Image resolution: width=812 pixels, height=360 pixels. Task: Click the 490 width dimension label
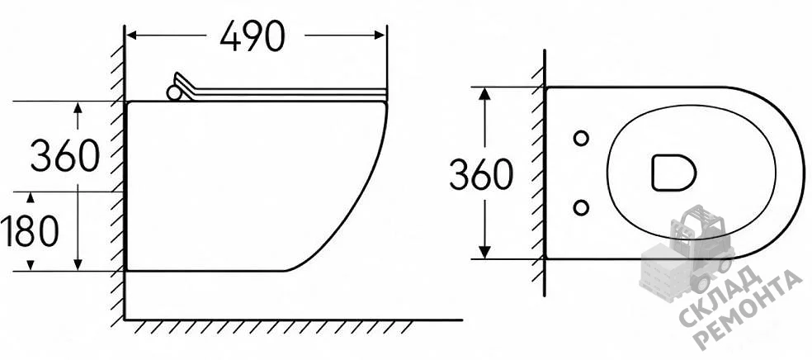click(x=253, y=36)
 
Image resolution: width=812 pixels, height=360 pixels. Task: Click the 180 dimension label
click(x=30, y=231)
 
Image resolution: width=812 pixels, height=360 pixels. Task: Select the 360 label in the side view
click(x=64, y=155)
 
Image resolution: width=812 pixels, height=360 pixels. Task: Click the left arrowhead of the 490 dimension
click(x=131, y=36)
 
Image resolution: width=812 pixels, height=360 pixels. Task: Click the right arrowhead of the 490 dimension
click(x=380, y=36)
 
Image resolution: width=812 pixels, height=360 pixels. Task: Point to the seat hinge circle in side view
click(x=173, y=92)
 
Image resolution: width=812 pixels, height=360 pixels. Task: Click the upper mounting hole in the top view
click(x=581, y=138)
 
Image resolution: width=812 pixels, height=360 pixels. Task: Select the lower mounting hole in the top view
click(x=581, y=208)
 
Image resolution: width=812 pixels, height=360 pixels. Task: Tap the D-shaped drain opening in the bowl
click(x=673, y=173)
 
